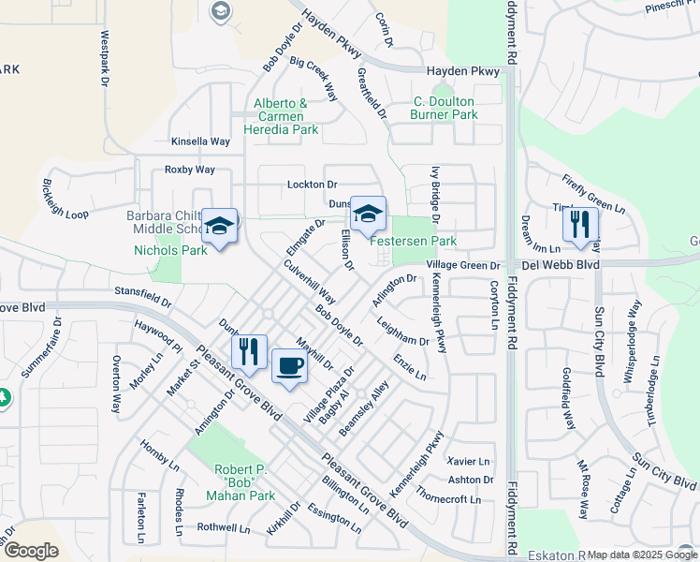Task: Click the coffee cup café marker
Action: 289,366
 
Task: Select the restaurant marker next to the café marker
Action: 249,353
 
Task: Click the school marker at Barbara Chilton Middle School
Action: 220,228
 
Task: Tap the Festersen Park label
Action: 413,241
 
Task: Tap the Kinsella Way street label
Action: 200,141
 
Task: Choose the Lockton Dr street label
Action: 312,185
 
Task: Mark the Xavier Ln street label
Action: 468,462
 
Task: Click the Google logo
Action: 31,550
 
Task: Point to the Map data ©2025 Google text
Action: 641,555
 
